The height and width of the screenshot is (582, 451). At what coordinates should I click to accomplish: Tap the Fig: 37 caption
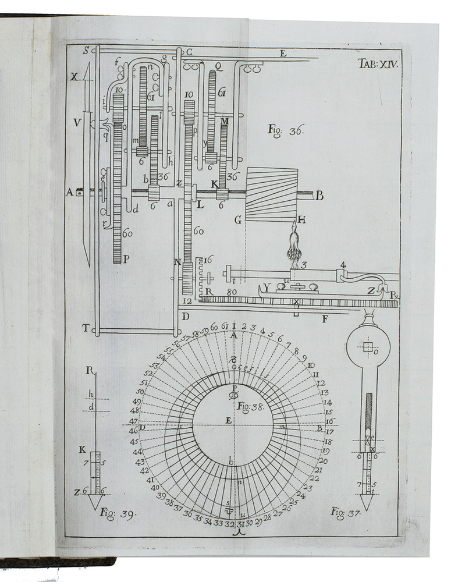click(x=346, y=513)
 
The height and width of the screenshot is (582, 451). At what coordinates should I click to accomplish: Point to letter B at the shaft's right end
click(x=319, y=196)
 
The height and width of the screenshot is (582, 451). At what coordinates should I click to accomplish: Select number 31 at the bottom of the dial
click(x=240, y=524)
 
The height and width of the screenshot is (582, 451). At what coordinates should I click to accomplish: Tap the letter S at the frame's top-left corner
click(x=86, y=51)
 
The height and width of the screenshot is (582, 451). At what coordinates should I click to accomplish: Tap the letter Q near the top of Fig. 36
click(x=218, y=66)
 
